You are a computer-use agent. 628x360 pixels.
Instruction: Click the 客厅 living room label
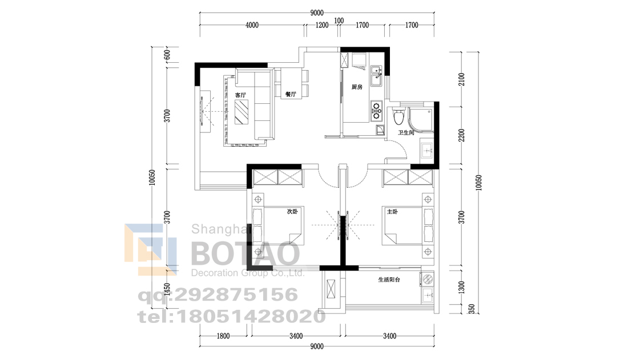tap(240, 95)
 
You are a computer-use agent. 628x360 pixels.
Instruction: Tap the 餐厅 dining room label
tap(291, 94)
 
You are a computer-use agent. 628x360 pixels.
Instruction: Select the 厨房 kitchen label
tap(357, 87)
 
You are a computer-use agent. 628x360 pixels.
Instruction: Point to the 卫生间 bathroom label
tap(406, 132)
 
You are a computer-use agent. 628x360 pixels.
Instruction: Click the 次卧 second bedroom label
tap(292, 211)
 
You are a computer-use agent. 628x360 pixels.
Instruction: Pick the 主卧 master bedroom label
tap(392, 212)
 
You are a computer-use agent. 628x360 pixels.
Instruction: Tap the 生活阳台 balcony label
tap(389, 280)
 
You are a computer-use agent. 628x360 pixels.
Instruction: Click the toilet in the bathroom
tap(398, 116)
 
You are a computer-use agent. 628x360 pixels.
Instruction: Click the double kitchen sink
tap(376, 76)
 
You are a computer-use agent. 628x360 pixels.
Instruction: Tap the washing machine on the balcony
tap(428, 279)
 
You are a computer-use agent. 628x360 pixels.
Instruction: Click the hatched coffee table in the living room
tap(241, 112)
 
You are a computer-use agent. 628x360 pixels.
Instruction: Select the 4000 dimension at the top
tap(252, 25)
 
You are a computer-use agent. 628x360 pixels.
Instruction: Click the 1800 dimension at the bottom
tap(223, 336)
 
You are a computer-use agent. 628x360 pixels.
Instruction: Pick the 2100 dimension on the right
tap(462, 79)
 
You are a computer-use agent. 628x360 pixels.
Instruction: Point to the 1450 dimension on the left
tap(167, 289)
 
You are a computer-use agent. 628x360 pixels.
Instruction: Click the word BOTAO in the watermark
tap(245, 253)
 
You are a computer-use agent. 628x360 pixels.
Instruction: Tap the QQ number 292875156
tap(236, 295)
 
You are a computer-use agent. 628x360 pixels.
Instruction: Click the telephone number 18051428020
tap(250, 317)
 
